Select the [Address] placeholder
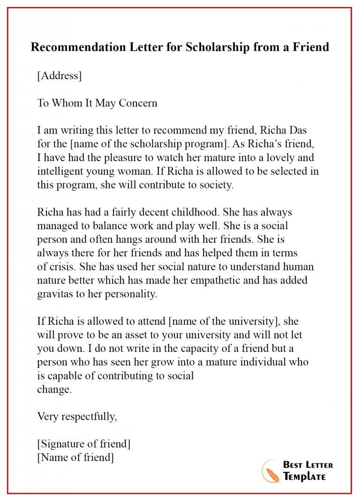60,76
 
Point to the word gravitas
56,294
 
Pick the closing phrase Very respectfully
77,417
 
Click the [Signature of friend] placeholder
84,444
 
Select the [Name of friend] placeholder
75,457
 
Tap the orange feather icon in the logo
271,471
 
